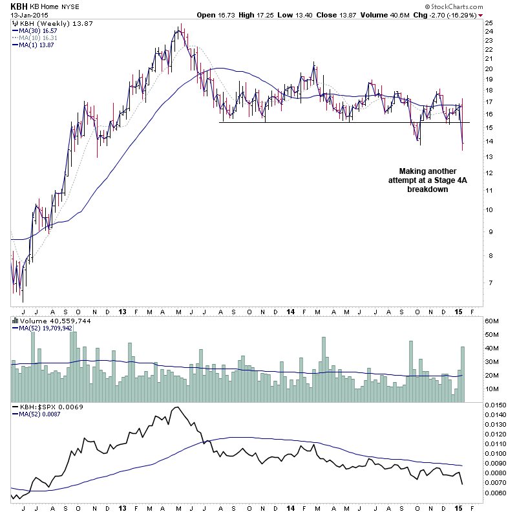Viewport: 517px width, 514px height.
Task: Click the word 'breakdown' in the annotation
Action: point(427,189)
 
